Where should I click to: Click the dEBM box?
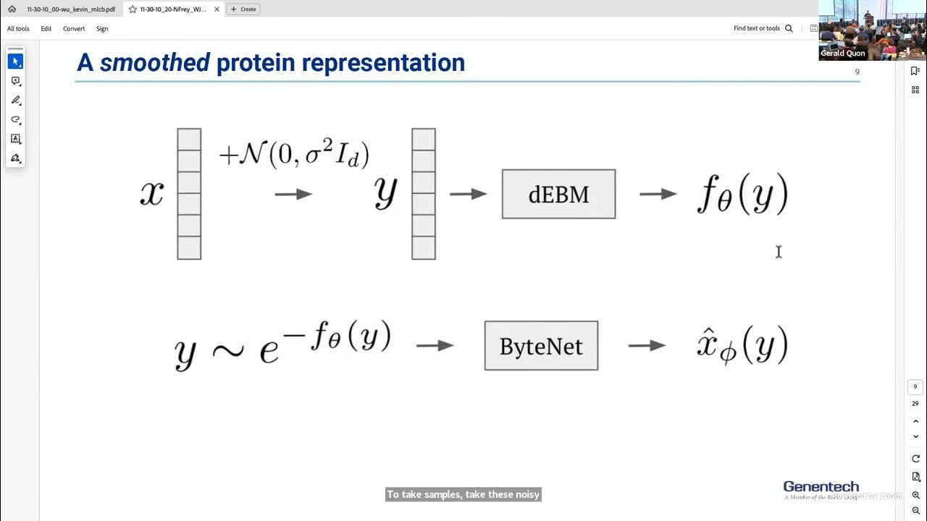pyautogui.click(x=558, y=194)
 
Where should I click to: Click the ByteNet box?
pyautogui.click(x=541, y=346)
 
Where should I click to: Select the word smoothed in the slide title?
pyautogui.click(x=154, y=63)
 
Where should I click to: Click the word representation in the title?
pyautogui.click(x=383, y=63)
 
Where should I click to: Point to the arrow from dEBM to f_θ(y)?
pyautogui.click(x=658, y=194)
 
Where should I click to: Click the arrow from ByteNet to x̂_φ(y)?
pyautogui.click(x=647, y=346)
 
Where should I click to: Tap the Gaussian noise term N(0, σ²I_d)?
pyautogui.click(x=295, y=154)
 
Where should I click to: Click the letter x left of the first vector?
pyautogui.click(x=151, y=194)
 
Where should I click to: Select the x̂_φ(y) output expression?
pyautogui.click(x=742, y=346)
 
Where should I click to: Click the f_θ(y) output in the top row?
pyautogui.click(x=742, y=194)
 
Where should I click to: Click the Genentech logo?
pyautogui.click(x=821, y=488)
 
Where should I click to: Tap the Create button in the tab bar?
pyautogui.click(x=243, y=9)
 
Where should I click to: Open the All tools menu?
pyautogui.click(x=18, y=29)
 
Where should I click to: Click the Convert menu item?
pyautogui.click(x=74, y=29)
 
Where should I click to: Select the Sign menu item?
pyautogui.click(x=102, y=29)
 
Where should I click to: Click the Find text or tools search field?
pyautogui.click(x=762, y=29)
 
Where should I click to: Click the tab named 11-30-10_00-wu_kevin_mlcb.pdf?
pyautogui.click(x=70, y=9)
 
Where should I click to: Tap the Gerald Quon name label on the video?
pyautogui.click(x=842, y=54)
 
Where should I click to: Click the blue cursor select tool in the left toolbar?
pyautogui.click(x=15, y=62)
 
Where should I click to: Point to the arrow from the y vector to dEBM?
pyautogui.click(x=468, y=194)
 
